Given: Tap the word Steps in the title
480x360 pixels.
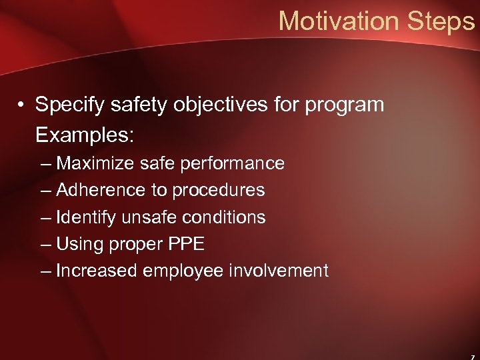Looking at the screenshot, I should tap(441, 21).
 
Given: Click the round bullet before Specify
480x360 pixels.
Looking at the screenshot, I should tap(22, 105).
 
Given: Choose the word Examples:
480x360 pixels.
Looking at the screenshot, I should tap(85, 135).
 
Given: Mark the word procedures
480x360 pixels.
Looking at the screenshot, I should tap(219, 190).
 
